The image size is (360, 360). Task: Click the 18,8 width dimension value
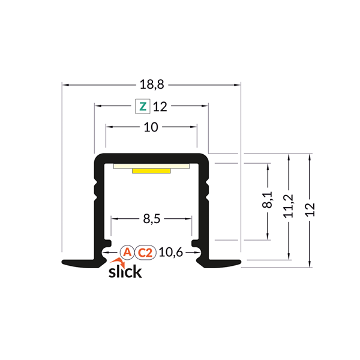tap(151, 86)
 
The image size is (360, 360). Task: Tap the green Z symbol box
tap(142, 107)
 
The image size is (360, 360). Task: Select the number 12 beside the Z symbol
tap(160, 107)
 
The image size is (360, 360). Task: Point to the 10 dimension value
tap(151, 127)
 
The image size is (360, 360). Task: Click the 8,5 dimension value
tap(151, 219)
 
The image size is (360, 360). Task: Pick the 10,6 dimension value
tap(172, 253)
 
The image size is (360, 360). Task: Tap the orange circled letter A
tap(127, 253)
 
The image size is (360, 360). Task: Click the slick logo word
tap(125, 271)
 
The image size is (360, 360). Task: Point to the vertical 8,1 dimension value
tap(268, 200)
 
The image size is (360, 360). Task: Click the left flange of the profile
tap(78, 262)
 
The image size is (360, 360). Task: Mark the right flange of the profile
tap(223, 262)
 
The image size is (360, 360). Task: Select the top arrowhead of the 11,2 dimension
tap(289, 157)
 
